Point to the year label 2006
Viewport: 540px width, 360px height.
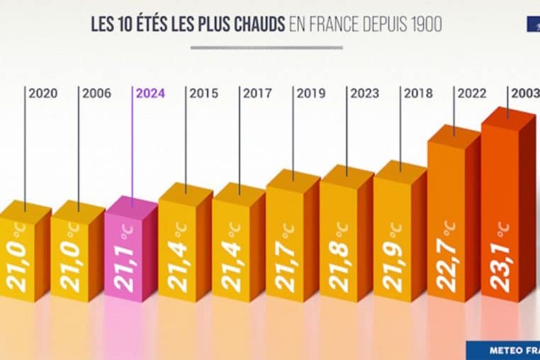click(97, 94)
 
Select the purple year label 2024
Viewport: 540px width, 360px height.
click(150, 94)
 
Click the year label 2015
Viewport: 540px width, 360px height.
click(204, 94)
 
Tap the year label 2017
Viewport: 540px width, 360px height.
click(258, 94)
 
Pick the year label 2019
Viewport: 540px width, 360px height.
click(311, 94)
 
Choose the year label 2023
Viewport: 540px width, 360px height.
click(365, 94)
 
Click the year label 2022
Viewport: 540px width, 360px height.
click(472, 94)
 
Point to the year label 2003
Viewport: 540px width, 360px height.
click(524, 94)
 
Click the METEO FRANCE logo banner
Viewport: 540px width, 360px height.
click(503, 350)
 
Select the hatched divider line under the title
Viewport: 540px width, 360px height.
click(266, 47)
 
